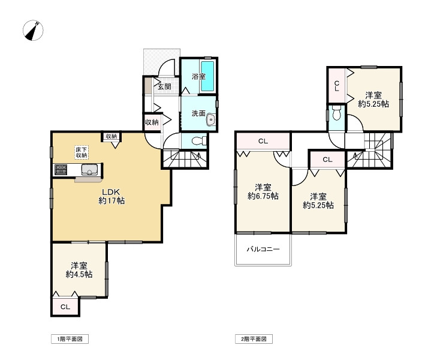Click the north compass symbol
point(33,30)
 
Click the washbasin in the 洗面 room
point(211,120)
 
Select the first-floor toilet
point(199,141)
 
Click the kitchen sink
point(90,170)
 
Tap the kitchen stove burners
point(61,169)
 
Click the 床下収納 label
point(82,152)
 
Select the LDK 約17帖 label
point(111,196)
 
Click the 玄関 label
point(164,87)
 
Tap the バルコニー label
point(263,249)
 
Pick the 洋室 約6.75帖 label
point(263,191)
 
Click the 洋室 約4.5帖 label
point(79,270)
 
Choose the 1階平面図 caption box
point(70,339)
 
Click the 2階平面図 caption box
point(254,339)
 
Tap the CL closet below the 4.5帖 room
point(65,307)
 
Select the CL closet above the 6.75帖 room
point(263,141)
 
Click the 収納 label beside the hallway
point(152,122)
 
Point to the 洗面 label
point(198,113)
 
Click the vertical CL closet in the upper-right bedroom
point(337,86)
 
